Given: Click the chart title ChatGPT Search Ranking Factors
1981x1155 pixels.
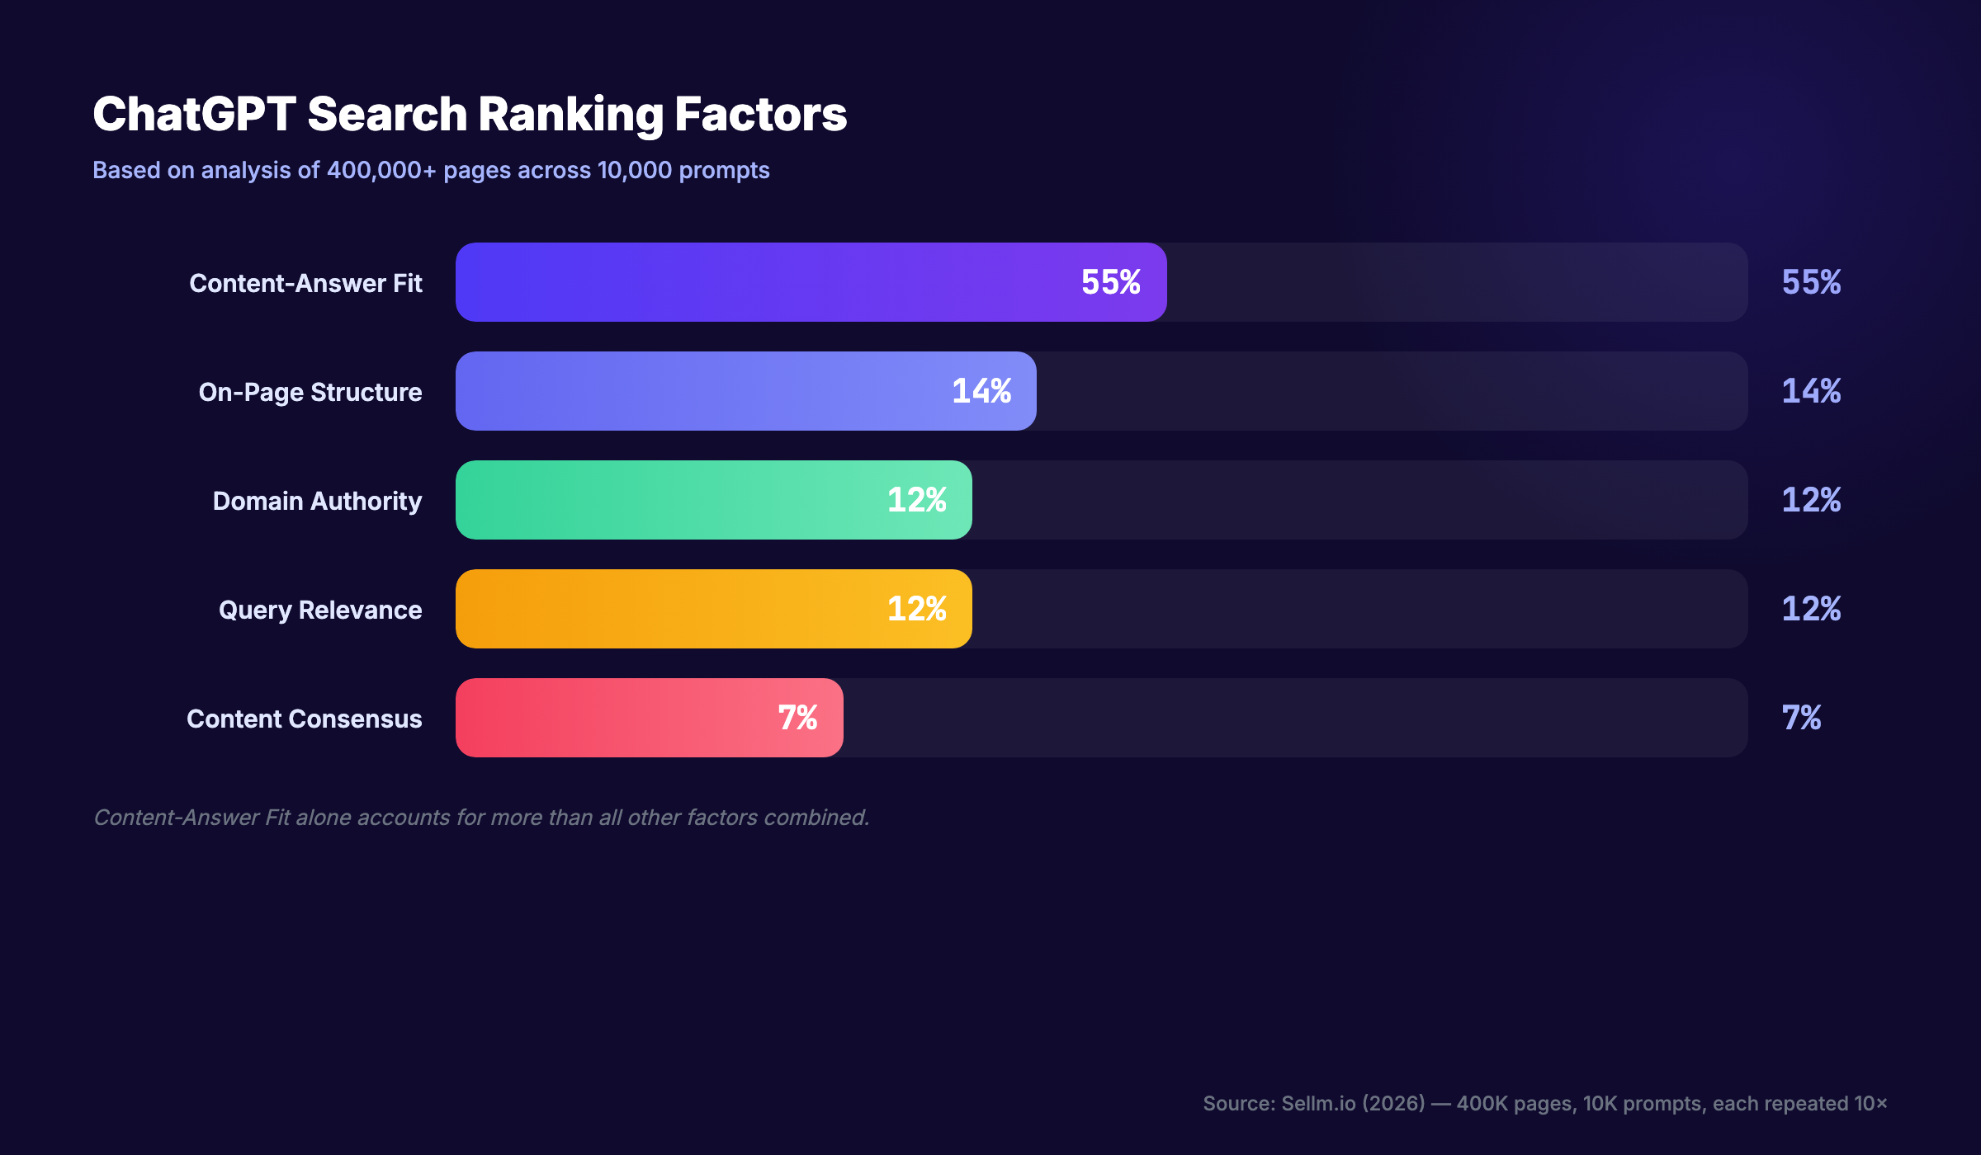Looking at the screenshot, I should click(469, 114).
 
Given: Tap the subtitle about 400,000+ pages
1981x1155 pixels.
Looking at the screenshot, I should click(431, 170).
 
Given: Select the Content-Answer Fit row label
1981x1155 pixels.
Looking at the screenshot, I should click(305, 283).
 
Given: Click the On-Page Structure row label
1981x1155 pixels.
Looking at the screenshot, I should click(310, 392).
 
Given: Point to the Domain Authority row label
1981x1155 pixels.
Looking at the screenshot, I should click(317, 501).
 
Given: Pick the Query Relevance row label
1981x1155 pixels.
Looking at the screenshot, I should click(320, 610).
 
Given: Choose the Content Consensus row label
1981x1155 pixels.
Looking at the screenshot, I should click(304, 719).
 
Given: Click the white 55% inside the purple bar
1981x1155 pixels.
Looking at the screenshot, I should click(1110, 282).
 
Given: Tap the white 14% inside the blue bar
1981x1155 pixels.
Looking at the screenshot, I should click(981, 391).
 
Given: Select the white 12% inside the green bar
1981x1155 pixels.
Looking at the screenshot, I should click(916, 500).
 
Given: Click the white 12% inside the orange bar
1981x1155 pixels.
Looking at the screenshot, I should click(916, 609).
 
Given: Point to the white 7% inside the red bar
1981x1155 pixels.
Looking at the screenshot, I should click(797, 718).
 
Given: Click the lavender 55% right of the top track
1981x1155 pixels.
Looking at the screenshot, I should click(1811, 282).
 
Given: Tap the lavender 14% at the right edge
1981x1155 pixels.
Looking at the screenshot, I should click(1811, 391).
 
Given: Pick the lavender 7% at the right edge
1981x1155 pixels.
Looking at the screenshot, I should click(1801, 718).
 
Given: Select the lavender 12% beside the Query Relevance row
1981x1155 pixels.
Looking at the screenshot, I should click(1811, 609).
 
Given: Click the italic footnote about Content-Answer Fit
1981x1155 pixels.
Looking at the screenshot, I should click(481, 818).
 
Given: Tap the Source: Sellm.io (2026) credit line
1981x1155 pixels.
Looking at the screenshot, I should click(1544, 1103).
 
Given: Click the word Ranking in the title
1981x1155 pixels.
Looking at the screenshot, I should click(570, 114).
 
